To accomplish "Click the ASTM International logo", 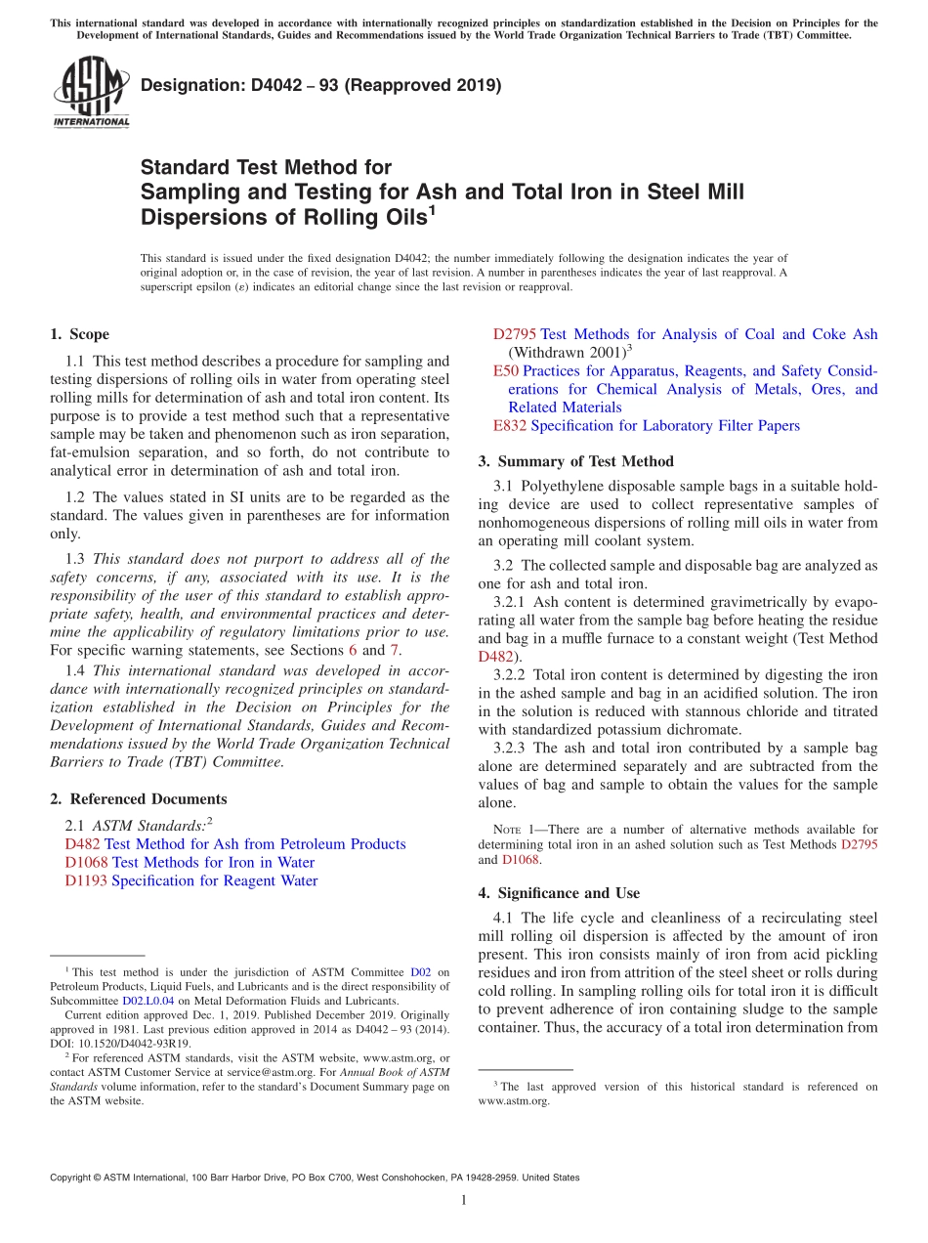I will point(91,92).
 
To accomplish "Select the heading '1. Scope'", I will point(79,335).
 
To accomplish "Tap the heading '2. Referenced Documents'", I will point(138,799).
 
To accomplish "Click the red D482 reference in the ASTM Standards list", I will point(82,844).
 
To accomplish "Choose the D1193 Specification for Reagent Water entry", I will point(190,881).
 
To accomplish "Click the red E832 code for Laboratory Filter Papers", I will point(509,426).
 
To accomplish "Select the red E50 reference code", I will point(505,371).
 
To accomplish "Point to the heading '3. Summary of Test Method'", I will point(575,461).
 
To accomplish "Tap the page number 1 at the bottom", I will point(464,1200).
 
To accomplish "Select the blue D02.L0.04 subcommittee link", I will point(148,1002).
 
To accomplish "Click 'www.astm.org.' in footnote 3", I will point(514,1101).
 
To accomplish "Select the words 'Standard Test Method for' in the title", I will point(266,168).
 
